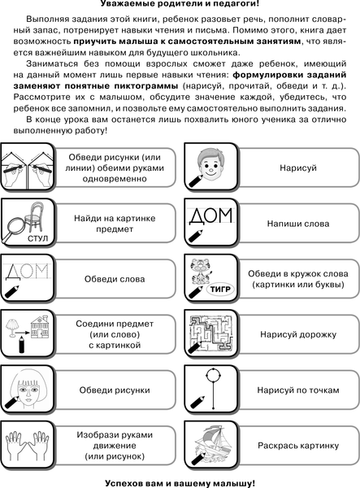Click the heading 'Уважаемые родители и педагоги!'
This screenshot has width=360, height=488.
pyautogui.click(x=180, y=5)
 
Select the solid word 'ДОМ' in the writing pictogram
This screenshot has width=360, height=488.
pyautogui.click(x=210, y=215)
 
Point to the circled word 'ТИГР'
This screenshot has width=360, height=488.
pyautogui.click(x=210, y=288)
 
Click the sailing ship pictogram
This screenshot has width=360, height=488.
pyautogui.click(x=213, y=443)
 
